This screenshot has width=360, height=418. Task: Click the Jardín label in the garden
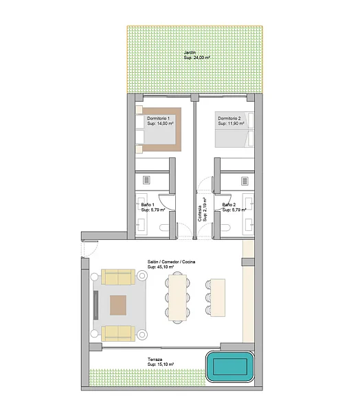pyautogui.click(x=190, y=52)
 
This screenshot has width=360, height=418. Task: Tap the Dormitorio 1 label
pyautogui.click(x=158, y=118)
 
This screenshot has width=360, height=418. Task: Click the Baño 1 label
pyautogui.click(x=148, y=205)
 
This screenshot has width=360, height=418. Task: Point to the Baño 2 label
pyautogui.click(x=229, y=205)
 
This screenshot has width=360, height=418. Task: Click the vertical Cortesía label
pyautogui.click(x=199, y=213)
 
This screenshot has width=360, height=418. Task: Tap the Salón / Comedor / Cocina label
pyautogui.click(x=171, y=262)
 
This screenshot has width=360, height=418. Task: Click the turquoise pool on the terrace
pyautogui.click(x=230, y=367)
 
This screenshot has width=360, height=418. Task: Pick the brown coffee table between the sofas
pyautogui.click(x=118, y=305)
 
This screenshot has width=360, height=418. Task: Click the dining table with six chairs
pyautogui.click(x=177, y=298)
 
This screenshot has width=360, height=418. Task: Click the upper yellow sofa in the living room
pyautogui.click(x=118, y=277)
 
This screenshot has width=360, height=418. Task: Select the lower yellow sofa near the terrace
pyautogui.click(x=118, y=333)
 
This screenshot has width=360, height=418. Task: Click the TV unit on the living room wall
pyautogui.click(x=95, y=305)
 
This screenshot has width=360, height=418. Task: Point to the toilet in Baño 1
pyautogui.click(x=164, y=228)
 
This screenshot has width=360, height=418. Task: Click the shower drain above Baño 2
pyautogui.click(x=245, y=181)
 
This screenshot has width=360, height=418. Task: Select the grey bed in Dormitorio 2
pyautogui.click(x=234, y=129)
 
